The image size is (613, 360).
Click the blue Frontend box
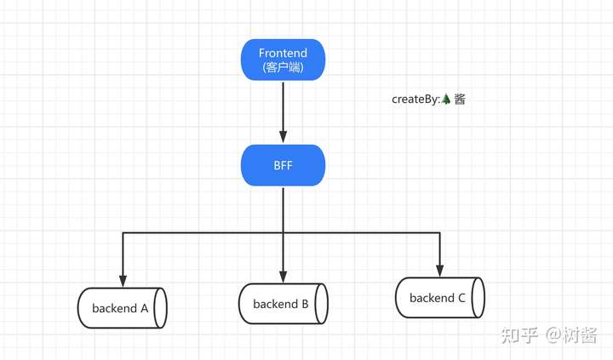pos(283,60)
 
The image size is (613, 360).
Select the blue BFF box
pos(283,165)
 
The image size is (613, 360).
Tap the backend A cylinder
pos(123,308)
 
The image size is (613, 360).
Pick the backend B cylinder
pos(284,304)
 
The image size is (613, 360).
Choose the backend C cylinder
pos(440,298)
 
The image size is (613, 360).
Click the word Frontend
pos(283,53)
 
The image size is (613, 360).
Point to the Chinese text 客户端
pos(283,67)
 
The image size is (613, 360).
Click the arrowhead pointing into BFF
pos(283,137)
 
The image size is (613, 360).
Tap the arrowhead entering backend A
pos(123,281)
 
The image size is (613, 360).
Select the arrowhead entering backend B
pos(283,277)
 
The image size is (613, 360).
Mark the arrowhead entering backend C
pos(440,271)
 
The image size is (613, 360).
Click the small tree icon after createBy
pos(446,100)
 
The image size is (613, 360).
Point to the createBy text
pos(416,100)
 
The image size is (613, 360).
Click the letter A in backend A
pos(144,308)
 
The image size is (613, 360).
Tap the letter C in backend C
pos(461,298)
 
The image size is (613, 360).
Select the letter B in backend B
pos(305,304)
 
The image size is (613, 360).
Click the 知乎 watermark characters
pos(519,335)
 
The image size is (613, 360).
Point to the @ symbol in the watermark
pos(553,335)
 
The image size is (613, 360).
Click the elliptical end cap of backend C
pos(478,298)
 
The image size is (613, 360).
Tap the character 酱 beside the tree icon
pos(460,100)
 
